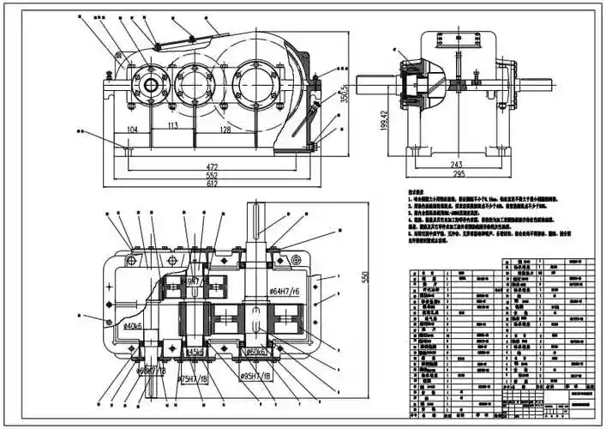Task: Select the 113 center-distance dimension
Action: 171,124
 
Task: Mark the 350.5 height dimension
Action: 344,93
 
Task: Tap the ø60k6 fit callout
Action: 259,352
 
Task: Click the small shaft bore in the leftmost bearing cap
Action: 155,84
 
